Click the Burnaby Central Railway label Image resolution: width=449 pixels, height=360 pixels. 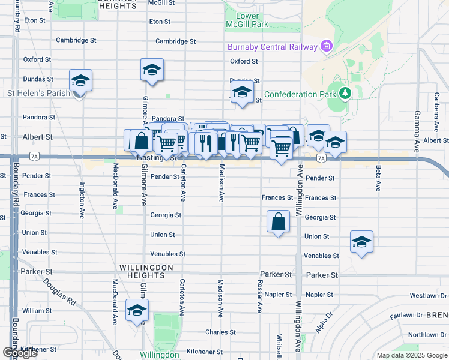(272, 47)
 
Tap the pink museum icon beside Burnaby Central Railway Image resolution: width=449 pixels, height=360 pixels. (326, 46)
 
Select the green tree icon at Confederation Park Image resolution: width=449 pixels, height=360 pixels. (345, 94)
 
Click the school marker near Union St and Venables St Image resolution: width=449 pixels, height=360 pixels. (361, 242)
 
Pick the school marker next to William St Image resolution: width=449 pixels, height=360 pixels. (137, 311)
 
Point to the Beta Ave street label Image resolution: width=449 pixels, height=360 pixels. (378, 178)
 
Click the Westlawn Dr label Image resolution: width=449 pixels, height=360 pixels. (429, 296)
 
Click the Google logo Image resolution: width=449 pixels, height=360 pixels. (20, 353)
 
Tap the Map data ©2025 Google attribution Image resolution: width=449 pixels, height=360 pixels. (412, 355)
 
